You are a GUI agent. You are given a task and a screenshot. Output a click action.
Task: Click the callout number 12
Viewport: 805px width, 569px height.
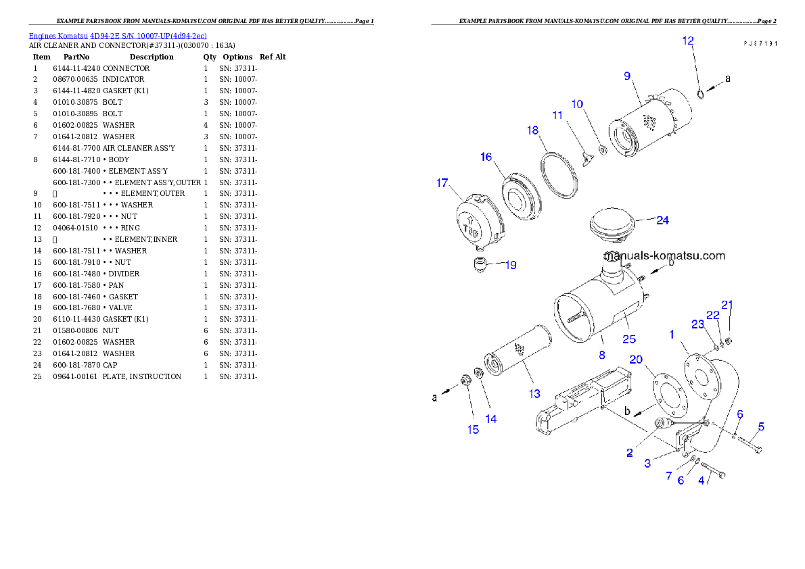pyautogui.click(x=687, y=41)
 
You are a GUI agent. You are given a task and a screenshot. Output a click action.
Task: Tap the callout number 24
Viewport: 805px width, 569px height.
pyautogui.click(x=662, y=220)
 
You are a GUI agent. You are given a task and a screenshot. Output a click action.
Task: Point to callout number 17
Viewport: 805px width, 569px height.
pyautogui.click(x=442, y=182)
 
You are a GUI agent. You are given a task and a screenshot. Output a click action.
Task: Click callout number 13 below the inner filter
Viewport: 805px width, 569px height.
pyautogui.click(x=534, y=393)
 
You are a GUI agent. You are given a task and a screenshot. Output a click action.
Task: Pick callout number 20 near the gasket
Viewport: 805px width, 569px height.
pyautogui.click(x=636, y=359)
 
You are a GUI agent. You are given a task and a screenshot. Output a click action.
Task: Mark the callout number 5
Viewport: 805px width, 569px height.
pyautogui.click(x=761, y=426)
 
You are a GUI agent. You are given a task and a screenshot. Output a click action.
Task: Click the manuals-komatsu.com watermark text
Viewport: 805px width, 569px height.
pyautogui.click(x=666, y=255)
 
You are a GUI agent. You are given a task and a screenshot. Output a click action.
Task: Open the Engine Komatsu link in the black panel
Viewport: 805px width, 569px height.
pyautogui.click(x=118, y=35)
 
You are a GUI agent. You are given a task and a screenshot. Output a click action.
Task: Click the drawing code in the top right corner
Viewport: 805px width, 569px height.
pyautogui.click(x=759, y=43)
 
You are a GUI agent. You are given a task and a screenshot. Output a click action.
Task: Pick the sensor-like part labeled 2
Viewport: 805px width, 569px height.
pyautogui.click(x=663, y=424)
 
